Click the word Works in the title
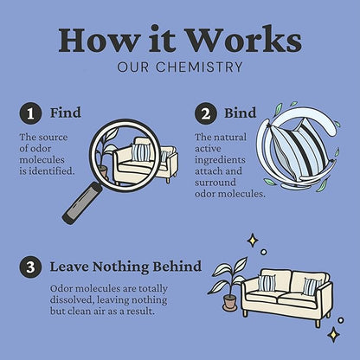244,40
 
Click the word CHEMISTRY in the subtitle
199,67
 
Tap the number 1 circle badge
30,113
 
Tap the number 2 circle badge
206,113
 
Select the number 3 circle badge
30,267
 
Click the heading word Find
66,112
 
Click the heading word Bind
241,112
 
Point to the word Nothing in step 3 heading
120,267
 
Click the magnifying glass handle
82,202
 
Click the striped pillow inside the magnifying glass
141,152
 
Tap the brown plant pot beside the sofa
230,303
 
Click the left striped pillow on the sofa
267,283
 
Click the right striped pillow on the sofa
311,286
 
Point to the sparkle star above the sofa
253,241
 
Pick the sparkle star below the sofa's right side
334,334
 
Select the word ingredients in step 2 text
220,160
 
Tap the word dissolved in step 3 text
72,300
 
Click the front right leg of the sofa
318,323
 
